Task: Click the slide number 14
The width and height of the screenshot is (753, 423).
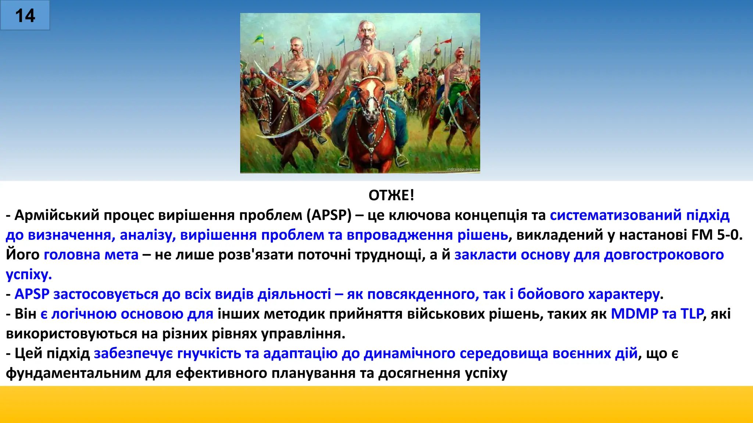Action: click(x=25, y=16)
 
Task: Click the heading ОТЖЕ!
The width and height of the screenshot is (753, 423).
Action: click(x=391, y=195)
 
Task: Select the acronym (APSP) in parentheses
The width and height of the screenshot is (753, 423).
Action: click(x=329, y=215)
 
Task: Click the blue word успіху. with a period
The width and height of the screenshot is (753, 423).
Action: click(x=29, y=275)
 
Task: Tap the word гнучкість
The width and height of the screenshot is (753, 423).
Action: click(x=209, y=354)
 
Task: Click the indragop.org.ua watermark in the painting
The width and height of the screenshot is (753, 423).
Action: click(x=462, y=169)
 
